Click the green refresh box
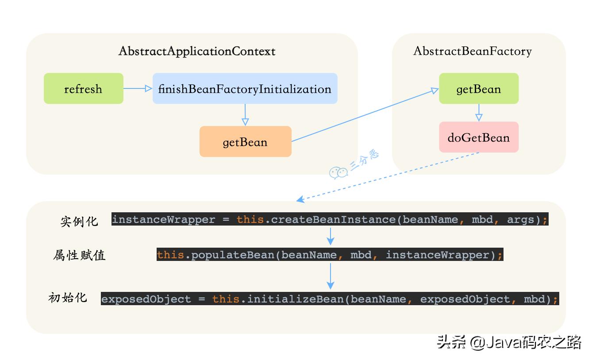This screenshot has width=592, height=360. point(83,88)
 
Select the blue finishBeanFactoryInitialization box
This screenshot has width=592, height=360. point(245,88)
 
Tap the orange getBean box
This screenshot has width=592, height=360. point(245,142)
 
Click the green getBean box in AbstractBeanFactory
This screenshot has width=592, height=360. point(478,88)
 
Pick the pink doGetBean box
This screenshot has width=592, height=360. point(478,137)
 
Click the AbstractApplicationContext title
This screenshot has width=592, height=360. point(197,51)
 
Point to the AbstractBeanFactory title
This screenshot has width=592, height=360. point(472,51)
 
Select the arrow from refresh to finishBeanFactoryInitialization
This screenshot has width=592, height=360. point(138,88)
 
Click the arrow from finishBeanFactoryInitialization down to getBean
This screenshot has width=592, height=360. point(245,115)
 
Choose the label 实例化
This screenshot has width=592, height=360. point(79,221)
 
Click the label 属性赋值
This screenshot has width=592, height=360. point(79,255)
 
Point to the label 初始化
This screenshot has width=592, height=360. point(68,298)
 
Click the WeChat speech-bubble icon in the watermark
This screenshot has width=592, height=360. point(338,173)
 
